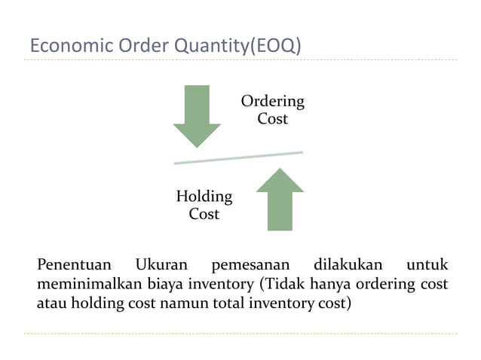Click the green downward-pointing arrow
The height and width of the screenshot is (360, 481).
point(197,114)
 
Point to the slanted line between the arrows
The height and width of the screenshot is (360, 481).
point(238,157)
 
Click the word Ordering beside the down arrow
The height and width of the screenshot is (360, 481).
point(272,101)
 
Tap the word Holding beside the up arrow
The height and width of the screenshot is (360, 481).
point(204,197)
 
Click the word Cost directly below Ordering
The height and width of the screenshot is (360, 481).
point(272,119)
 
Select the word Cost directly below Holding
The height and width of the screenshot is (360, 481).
point(204,215)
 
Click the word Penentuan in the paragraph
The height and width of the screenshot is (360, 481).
point(74,265)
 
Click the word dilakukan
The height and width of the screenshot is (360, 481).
point(346,265)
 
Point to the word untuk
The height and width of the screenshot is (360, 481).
point(427,265)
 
